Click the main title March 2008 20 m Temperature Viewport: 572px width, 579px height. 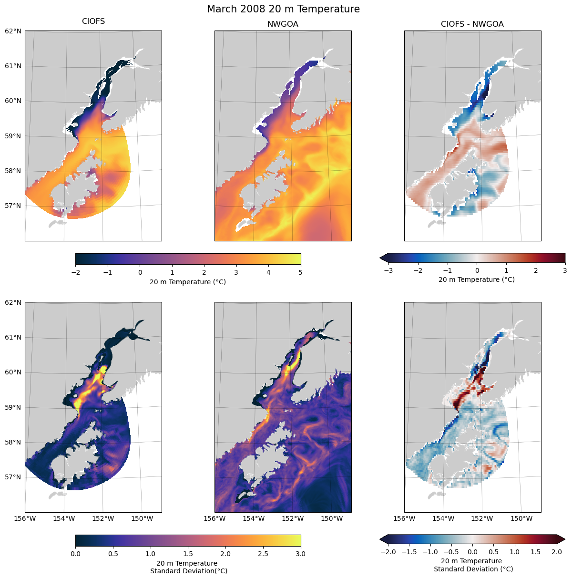click(283, 9)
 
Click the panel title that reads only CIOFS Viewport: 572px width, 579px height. click(93, 21)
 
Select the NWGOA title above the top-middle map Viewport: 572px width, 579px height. click(283, 24)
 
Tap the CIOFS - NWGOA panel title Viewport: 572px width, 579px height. click(472, 24)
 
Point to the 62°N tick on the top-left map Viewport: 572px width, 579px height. click(13, 31)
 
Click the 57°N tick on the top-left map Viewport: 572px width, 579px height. click(13, 206)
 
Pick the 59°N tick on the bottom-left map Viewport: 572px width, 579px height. click(13, 407)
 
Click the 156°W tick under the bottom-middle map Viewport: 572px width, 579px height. click(214, 518)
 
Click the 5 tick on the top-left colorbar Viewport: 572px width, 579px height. click(301, 272)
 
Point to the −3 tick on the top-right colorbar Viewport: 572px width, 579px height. click(388, 270)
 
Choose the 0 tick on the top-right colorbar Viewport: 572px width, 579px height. click(477, 270)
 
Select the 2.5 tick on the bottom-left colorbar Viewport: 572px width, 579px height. click(263, 554)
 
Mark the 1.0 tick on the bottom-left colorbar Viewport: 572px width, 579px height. click(151, 554)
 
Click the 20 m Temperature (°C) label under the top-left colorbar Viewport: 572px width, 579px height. click(188, 282)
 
